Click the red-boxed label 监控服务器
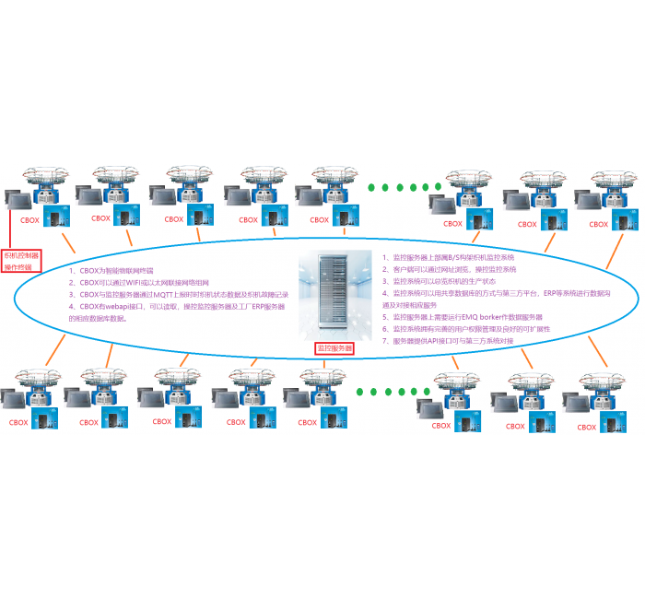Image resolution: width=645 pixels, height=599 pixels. click(x=334, y=348)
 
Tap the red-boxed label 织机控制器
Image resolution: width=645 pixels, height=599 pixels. click(x=22, y=255)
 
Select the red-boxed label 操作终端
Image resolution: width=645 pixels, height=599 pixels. click(x=18, y=267)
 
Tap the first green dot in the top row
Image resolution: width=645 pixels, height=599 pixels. click(x=373, y=187)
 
